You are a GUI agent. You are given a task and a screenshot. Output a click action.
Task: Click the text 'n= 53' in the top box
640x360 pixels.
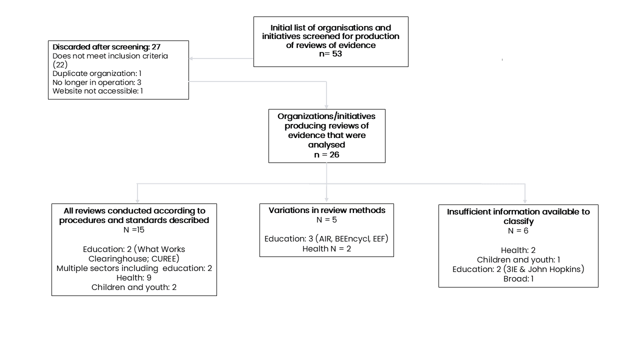tap(330, 53)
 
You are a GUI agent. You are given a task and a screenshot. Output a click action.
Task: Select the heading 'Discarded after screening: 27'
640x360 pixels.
tap(106, 47)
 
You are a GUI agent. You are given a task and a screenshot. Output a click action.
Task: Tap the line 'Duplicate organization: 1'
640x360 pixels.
tap(97, 73)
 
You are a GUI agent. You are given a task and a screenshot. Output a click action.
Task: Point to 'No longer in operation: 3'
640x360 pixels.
tap(97, 82)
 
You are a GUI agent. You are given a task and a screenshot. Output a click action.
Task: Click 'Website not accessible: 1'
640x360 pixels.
tap(97, 91)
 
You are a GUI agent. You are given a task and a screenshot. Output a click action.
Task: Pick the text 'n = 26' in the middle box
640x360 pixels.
tap(326, 154)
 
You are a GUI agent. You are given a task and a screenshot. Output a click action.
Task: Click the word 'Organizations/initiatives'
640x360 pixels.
tap(326, 116)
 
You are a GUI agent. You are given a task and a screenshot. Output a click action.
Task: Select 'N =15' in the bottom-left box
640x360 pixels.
tap(134, 229)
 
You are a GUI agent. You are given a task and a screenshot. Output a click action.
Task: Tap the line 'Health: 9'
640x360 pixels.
tap(134, 277)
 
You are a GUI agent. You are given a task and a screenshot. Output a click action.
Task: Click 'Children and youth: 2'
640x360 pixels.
tap(134, 287)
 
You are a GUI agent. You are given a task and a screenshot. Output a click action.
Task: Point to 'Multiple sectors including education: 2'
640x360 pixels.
tap(134, 268)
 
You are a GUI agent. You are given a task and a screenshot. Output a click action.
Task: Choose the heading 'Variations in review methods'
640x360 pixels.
tap(327, 210)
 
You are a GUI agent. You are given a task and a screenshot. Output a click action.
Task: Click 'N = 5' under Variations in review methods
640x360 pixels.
tap(326, 219)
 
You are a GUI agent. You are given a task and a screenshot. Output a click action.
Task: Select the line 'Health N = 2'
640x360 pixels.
tap(326, 248)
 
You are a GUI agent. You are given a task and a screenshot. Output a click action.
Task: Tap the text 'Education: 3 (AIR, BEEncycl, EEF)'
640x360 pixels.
tap(326, 239)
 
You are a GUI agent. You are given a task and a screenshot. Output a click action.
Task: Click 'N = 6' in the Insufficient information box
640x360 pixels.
tap(518, 231)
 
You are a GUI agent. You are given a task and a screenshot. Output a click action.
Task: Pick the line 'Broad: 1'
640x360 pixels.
tap(518, 278)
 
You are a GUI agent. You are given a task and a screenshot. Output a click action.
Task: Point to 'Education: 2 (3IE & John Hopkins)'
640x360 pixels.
tap(518, 269)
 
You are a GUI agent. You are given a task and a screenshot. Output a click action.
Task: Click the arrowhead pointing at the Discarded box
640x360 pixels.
tap(191, 58)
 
